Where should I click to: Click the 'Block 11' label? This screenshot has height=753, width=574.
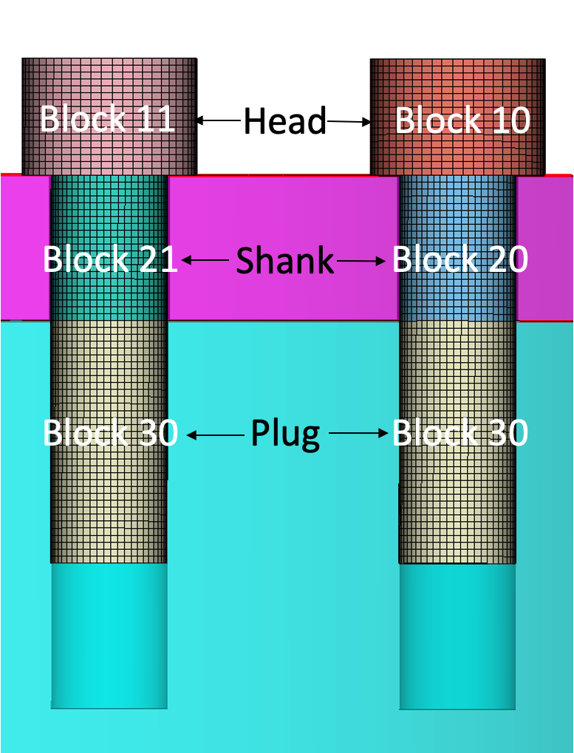[107, 119]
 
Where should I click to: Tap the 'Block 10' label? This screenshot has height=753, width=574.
[462, 120]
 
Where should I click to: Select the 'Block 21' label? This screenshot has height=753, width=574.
[110, 259]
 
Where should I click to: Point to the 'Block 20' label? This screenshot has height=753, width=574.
[459, 259]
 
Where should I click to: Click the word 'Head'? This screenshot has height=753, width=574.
[285, 120]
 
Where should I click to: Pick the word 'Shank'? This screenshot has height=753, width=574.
[285, 260]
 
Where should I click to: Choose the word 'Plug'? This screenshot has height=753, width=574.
[285, 433]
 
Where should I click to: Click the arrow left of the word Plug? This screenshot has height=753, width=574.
[216, 435]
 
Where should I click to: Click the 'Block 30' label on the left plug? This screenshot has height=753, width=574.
[110, 433]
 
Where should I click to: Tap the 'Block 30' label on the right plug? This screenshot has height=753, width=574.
[459, 433]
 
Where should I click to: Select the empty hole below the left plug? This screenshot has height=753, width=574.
[109, 636]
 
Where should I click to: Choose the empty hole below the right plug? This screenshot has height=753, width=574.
[457, 636]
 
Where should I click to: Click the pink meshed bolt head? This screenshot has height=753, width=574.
[109, 81]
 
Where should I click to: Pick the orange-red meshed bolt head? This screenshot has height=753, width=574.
[457, 81]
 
